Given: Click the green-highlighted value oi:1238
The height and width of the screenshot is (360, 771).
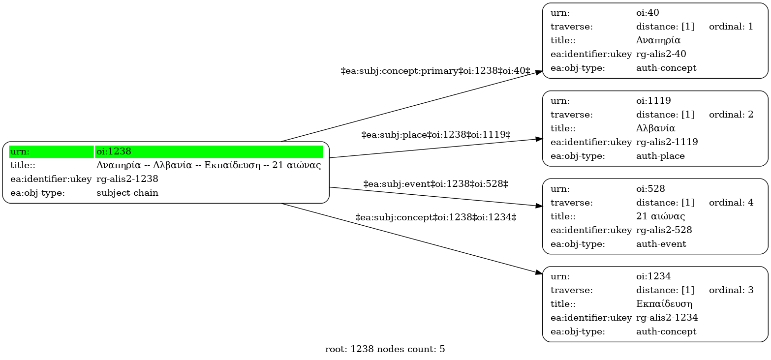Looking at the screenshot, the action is pyautogui.click(x=114, y=151).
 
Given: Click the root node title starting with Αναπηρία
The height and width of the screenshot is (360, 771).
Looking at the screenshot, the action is pyautogui.click(x=209, y=165).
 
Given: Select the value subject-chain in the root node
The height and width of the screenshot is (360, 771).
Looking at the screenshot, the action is pyautogui.click(x=127, y=193).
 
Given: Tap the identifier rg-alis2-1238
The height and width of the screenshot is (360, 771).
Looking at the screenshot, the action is pyautogui.click(x=127, y=179).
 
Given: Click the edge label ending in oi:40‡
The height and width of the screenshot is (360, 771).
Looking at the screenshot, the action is pyautogui.click(x=435, y=71).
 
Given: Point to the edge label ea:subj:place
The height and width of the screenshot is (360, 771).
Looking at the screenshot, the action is pyautogui.click(x=436, y=135).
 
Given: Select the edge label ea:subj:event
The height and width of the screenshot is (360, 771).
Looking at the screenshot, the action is pyautogui.click(x=436, y=184).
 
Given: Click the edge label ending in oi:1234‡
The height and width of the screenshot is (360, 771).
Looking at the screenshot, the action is pyautogui.click(x=436, y=217).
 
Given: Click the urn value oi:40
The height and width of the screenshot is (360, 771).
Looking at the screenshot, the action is pyautogui.click(x=648, y=13).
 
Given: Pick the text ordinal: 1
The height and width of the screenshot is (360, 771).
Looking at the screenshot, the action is pyautogui.click(x=731, y=27).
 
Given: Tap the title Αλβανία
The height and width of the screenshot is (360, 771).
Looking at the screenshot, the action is pyautogui.click(x=655, y=128).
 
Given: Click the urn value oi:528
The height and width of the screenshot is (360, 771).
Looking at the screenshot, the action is pyautogui.click(x=650, y=188).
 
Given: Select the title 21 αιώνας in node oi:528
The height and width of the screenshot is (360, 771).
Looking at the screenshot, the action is pyautogui.click(x=660, y=216).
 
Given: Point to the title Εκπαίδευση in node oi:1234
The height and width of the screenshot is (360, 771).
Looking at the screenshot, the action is pyautogui.click(x=664, y=303).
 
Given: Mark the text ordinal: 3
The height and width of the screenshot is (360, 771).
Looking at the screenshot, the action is pyautogui.click(x=731, y=290).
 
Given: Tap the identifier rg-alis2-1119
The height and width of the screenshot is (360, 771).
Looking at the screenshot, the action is pyautogui.click(x=667, y=142).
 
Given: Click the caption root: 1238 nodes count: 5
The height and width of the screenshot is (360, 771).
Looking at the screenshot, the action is pyautogui.click(x=385, y=349).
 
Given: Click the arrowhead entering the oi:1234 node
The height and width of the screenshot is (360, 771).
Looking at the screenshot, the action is pyautogui.click(x=539, y=272).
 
